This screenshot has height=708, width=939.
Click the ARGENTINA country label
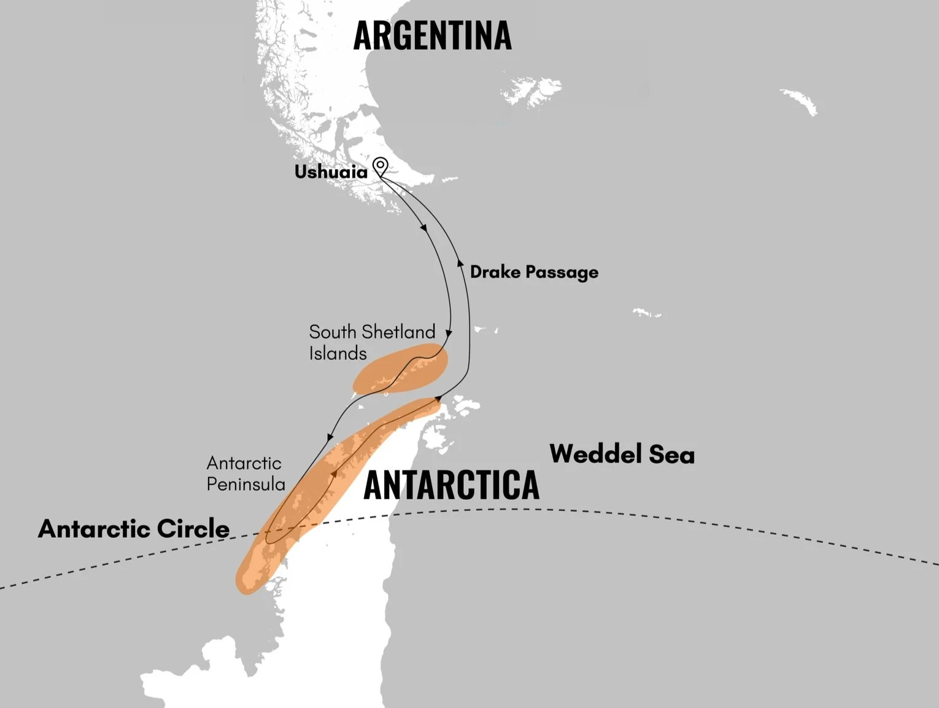432,36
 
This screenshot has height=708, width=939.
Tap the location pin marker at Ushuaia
381,166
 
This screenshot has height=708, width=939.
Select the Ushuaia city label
331,172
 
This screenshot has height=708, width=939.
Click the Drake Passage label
534,272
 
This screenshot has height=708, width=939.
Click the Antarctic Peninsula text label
245,473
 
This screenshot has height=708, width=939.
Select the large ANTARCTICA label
451,485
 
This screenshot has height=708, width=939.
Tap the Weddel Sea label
622,454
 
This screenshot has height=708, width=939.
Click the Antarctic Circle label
134,529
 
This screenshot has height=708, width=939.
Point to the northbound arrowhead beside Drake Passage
460,263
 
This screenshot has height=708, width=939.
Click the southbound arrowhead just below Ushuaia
423,228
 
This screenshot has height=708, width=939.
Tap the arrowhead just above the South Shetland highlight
449,335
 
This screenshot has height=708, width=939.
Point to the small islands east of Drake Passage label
646,313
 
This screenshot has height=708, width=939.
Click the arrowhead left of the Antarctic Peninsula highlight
330,438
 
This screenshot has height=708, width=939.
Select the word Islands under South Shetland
338,354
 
